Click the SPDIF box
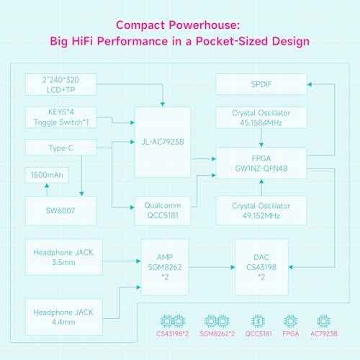[261, 84]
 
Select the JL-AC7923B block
[163, 142]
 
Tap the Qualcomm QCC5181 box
[163, 210]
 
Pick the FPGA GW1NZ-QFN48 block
[261, 163]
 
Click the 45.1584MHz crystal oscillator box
[261, 117]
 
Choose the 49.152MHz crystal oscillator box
[261, 210]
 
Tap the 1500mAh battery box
[47, 175]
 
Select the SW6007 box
[60, 210]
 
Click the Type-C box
[60, 148]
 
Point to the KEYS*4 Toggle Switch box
[60, 117]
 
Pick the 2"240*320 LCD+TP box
[60, 84]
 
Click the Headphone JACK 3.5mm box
[63, 257]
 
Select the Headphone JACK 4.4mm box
[63, 317]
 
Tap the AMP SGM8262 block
[165, 267]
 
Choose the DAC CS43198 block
[261, 267]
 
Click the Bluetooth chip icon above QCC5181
[258, 321]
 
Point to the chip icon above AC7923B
[323, 321]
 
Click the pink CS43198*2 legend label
[173, 334]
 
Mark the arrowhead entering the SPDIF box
[310, 84]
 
